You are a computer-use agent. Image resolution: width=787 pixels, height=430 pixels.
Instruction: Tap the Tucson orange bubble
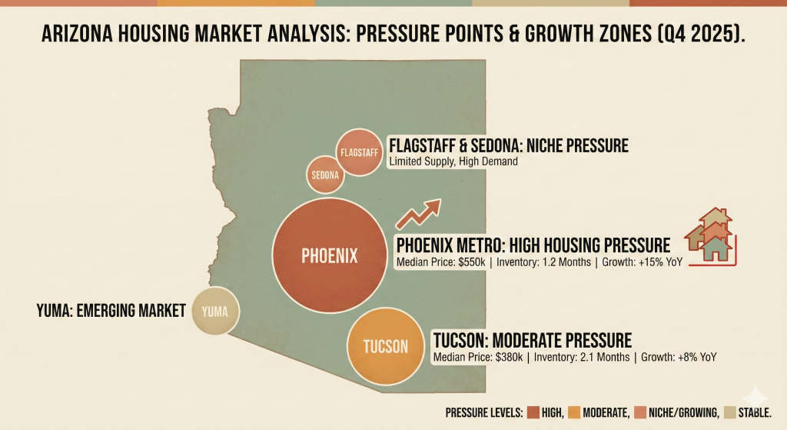[x=386, y=346]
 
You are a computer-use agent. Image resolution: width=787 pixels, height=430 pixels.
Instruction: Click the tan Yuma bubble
[x=215, y=311]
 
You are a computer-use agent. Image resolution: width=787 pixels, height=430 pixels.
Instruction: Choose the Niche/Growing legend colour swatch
[x=651, y=412]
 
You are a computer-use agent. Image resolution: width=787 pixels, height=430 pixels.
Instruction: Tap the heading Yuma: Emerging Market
[x=111, y=311]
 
